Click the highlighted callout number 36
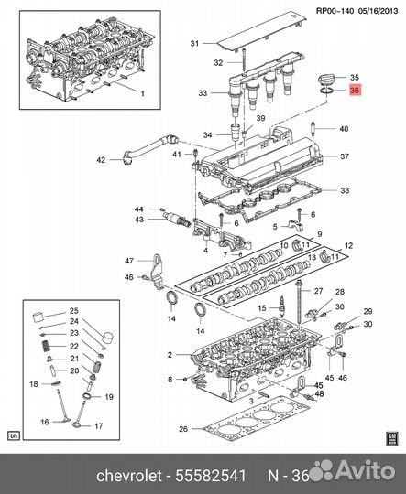(x=355, y=91)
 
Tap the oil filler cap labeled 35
(x=325, y=80)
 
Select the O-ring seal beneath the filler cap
(x=326, y=91)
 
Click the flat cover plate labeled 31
(x=261, y=33)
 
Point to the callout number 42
(x=101, y=160)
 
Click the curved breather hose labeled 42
(x=148, y=149)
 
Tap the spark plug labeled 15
(x=280, y=309)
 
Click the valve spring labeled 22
(x=47, y=347)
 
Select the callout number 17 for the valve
(x=99, y=426)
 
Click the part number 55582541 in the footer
(x=211, y=476)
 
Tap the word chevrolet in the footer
(x=129, y=476)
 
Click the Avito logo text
(x=365, y=471)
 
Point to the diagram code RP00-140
(x=335, y=11)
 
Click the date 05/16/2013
(x=378, y=11)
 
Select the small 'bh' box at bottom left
(x=14, y=436)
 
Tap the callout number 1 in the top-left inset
(x=142, y=93)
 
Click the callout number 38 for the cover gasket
(x=345, y=190)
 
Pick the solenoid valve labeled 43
(x=177, y=219)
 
